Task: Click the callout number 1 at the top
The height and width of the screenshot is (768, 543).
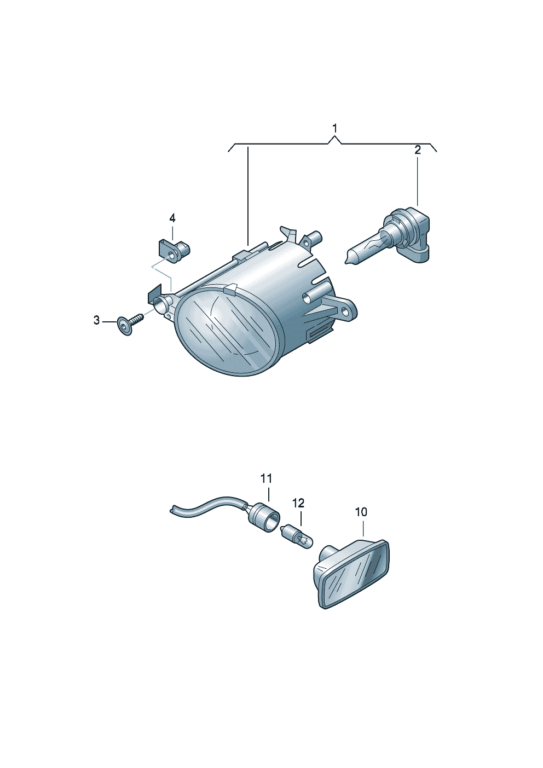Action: click(334, 129)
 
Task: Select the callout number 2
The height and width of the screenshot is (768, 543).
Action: click(417, 150)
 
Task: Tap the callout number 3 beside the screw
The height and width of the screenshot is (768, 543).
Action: click(97, 321)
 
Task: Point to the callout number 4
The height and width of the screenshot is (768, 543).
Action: click(172, 218)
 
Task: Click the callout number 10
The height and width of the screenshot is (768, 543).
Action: click(361, 522)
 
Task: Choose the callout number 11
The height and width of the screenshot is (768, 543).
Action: click(267, 478)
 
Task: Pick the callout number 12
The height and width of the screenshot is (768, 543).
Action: click(298, 503)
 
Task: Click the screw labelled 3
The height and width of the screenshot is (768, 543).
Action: click(130, 324)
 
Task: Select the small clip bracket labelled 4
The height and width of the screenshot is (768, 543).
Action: click(174, 251)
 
